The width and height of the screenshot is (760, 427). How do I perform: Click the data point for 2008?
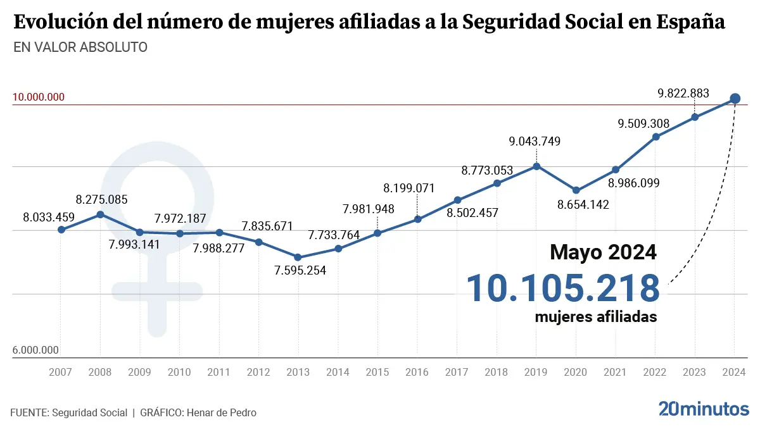click(100, 214)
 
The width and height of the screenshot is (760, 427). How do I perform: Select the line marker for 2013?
click(298, 257)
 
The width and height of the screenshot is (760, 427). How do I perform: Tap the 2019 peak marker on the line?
click(536, 166)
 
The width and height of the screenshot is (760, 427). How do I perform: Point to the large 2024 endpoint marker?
click(735, 98)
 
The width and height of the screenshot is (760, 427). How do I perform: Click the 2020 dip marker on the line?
click(576, 190)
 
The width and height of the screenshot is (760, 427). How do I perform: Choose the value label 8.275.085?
click(101, 200)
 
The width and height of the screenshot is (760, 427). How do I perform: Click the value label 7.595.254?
click(300, 271)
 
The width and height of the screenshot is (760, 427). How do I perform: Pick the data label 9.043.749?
click(535, 142)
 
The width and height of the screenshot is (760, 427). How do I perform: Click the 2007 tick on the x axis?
click(61, 373)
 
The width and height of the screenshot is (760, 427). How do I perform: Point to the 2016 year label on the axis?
click(417, 373)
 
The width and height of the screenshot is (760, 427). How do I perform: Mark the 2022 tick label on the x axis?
click(655, 373)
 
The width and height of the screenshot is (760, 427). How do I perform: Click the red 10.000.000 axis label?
click(39, 97)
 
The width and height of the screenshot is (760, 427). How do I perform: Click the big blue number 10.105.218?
click(563, 288)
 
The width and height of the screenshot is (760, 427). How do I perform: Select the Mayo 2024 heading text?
click(603, 252)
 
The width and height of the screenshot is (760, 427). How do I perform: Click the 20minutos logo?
click(704, 409)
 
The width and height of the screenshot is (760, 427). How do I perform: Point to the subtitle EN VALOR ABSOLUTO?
click(80, 47)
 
